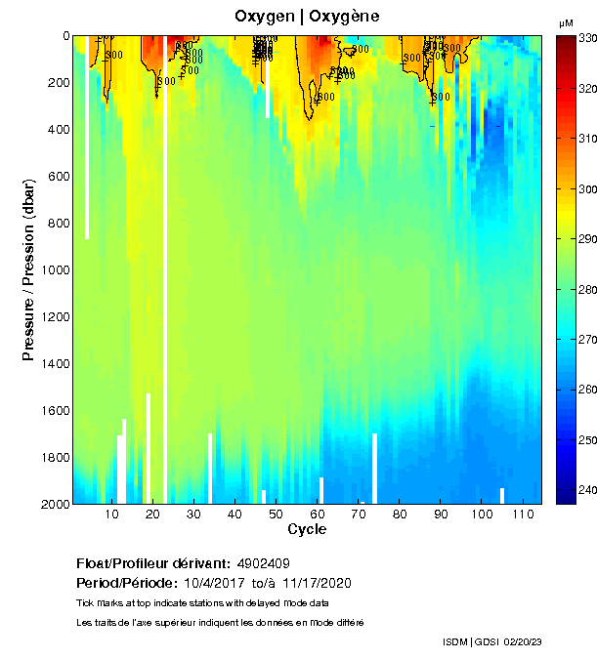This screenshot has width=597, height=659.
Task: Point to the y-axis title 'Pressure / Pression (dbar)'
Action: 28,269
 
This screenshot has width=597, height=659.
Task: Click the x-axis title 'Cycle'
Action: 307,530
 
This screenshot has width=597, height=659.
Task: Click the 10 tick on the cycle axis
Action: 111,515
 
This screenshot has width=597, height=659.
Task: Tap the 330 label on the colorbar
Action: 587,38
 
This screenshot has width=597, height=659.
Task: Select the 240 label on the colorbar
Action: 587,490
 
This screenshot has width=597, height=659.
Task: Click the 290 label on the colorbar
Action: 587,239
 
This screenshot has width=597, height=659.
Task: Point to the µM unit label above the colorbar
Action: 566,22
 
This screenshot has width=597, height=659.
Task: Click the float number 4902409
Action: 262,563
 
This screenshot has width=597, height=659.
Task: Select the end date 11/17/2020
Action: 316,583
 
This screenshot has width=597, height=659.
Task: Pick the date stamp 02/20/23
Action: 523,641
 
